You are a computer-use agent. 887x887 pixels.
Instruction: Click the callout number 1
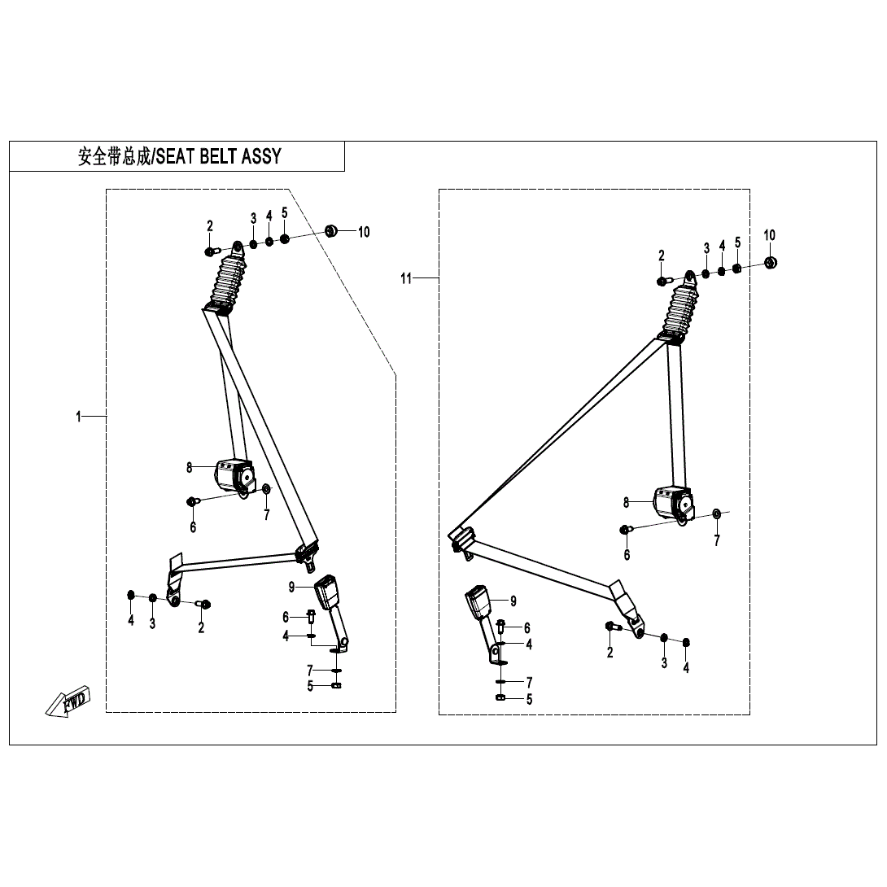pyautogui.click(x=79, y=417)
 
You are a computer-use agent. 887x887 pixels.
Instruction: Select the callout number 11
pyautogui.click(x=406, y=278)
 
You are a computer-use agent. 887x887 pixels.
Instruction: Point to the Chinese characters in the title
pyautogui.click(x=114, y=156)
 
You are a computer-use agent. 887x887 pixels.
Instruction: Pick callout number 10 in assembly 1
pyautogui.click(x=364, y=232)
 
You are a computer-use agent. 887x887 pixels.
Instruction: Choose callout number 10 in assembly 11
pyautogui.click(x=770, y=235)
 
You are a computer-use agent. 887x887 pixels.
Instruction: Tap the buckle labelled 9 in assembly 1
pyautogui.click(x=327, y=592)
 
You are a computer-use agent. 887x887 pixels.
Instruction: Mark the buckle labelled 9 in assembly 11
pyautogui.click(x=478, y=604)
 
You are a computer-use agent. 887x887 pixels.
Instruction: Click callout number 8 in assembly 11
pyautogui.click(x=627, y=502)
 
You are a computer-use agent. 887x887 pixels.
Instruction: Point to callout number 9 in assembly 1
pyautogui.click(x=291, y=586)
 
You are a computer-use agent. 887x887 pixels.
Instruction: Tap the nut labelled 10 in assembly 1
pyautogui.click(x=331, y=231)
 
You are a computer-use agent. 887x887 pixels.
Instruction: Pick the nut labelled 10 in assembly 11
pyautogui.click(x=770, y=263)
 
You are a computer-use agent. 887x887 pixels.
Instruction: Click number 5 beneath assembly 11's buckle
pyautogui.click(x=529, y=698)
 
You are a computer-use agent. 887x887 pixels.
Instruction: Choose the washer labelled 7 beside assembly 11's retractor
pyautogui.click(x=716, y=513)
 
